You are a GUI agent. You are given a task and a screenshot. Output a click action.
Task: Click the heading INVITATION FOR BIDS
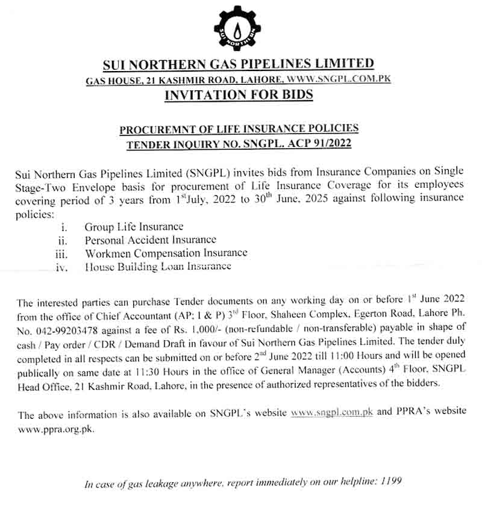click(239, 94)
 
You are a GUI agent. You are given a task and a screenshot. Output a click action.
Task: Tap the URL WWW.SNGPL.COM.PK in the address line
click(339, 79)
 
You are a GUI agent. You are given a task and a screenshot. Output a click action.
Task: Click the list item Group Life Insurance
click(134, 227)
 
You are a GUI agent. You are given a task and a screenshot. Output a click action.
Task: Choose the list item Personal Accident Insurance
click(150, 240)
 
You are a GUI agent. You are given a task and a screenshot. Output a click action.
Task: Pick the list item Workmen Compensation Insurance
click(166, 253)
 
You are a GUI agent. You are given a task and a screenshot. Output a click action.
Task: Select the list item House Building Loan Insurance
click(158, 266)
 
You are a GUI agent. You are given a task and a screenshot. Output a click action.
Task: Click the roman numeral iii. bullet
click(61, 254)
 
